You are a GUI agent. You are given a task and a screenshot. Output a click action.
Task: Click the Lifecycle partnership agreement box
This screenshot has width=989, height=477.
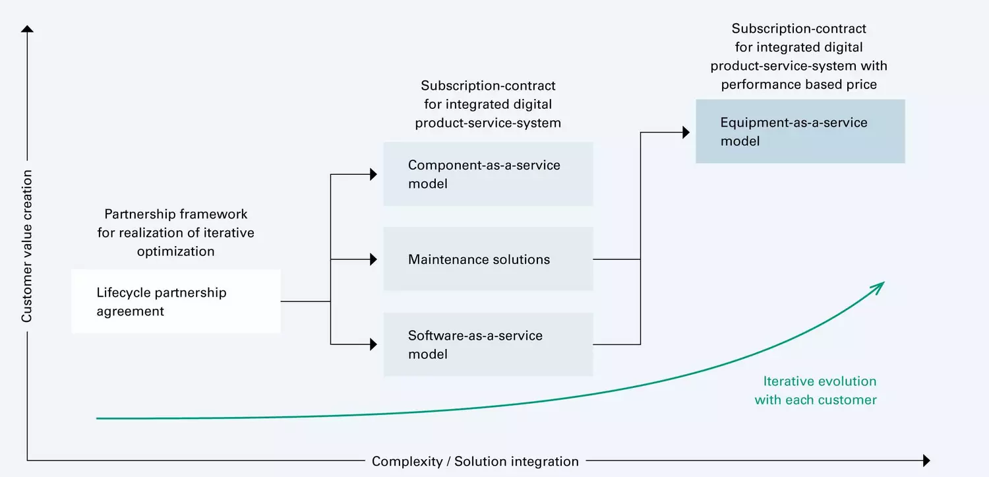175,302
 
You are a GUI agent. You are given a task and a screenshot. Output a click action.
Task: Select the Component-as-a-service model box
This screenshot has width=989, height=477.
488,174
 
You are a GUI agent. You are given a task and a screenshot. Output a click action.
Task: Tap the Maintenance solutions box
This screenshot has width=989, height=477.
488,259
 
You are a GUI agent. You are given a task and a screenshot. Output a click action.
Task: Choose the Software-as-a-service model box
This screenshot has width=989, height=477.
488,344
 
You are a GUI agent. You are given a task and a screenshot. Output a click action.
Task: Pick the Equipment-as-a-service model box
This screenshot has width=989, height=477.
800,131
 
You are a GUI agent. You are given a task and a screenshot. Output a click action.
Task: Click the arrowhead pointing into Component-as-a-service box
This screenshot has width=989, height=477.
374,174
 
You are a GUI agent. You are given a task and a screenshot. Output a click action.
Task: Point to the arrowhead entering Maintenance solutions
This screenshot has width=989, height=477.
374,259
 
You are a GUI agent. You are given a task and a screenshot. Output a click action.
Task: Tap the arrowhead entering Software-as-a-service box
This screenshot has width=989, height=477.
374,344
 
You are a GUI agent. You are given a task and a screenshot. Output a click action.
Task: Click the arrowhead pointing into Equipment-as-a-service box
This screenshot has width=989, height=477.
686,133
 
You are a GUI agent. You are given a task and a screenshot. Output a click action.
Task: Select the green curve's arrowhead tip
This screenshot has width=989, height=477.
882,284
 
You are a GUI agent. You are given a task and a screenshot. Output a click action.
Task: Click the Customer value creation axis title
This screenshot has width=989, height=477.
26,246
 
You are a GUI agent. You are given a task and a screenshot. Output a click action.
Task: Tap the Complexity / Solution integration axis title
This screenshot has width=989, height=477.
475,461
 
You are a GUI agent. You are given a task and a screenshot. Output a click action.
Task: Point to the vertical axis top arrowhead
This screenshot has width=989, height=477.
27,29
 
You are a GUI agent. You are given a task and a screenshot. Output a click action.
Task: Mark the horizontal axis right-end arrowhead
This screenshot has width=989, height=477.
926,461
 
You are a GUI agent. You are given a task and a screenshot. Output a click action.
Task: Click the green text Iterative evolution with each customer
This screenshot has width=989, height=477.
816,391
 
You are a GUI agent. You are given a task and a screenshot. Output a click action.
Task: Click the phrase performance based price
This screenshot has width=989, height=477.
798,84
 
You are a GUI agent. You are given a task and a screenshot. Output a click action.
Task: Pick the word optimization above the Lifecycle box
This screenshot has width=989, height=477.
175,251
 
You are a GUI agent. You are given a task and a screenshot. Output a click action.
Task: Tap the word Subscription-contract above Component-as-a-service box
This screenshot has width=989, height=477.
488,86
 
